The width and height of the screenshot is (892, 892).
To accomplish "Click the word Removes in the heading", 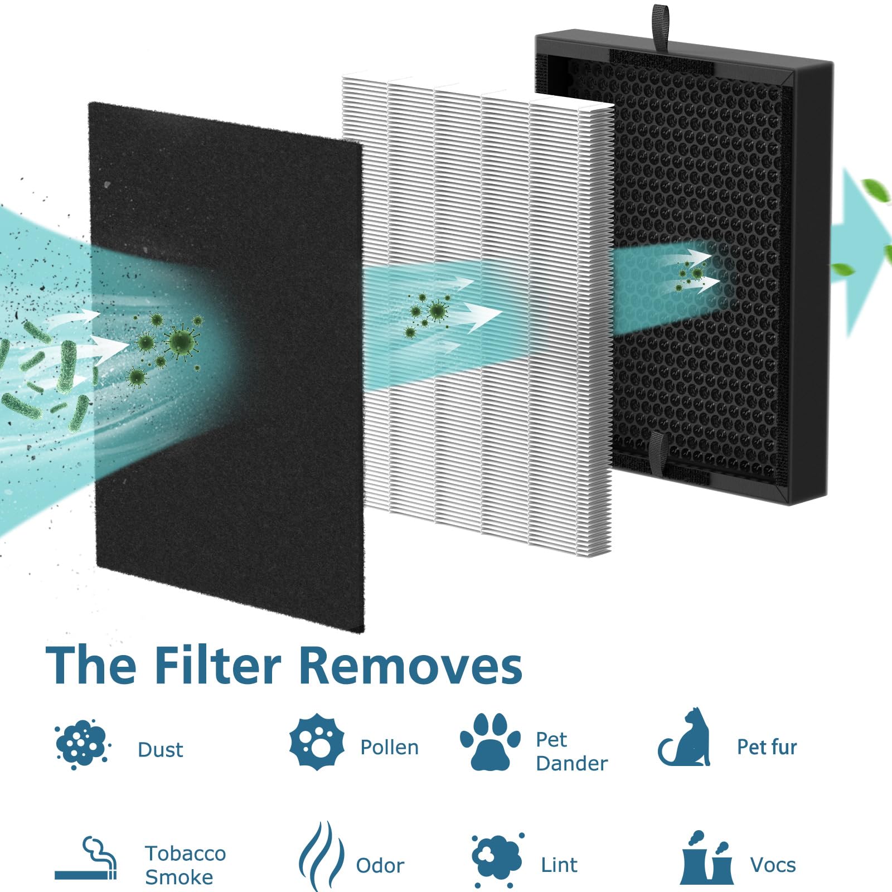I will pyautogui.click(x=411, y=666).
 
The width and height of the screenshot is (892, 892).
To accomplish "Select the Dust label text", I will pyautogui.click(x=160, y=750).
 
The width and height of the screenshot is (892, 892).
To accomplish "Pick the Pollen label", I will pyautogui.click(x=389, y=748).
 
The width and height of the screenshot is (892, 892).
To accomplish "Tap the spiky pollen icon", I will pyautogui.click(x=317, y=741).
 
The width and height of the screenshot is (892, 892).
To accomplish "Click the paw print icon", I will pyautogui.click(x=489, y=742).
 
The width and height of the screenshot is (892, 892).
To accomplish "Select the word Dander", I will pyautogui.click(x=571, y=763).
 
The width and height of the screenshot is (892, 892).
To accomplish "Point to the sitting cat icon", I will pyautogui.click(x=686, y=738).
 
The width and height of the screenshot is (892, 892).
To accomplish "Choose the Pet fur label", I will pyautogui.click(x=767, y=747).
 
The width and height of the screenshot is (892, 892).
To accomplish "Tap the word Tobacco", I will pyautogui.click(x=185, y=854).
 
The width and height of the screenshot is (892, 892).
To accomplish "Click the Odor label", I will pyautogui.click(x=380, y=866).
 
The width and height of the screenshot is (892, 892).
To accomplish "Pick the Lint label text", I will pyautogui.click(x=559, y=865).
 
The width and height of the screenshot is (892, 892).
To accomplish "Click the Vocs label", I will pyautogui.click(x=773, y=865).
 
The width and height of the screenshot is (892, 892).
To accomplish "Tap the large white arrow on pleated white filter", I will pyautogui.click(x=481, y=316).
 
